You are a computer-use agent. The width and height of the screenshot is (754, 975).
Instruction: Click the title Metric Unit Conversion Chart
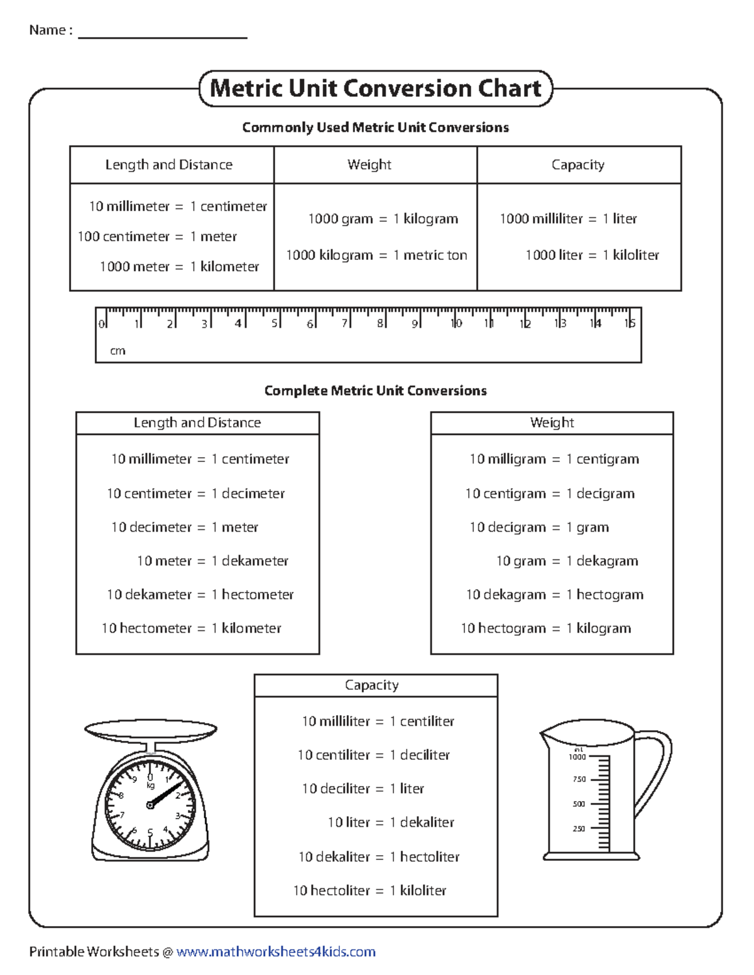(375, 89)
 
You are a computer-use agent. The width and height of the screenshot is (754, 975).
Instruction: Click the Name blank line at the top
(162, 36)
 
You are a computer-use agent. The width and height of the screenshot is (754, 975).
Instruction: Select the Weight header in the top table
(369, 164)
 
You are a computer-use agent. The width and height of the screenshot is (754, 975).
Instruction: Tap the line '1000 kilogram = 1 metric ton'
(376, 255)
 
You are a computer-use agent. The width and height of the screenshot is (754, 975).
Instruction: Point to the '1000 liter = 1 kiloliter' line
(592, 255)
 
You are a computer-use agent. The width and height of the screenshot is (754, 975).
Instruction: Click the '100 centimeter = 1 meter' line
(157, 237)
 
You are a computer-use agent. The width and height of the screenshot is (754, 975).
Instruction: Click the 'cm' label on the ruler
(117, 351)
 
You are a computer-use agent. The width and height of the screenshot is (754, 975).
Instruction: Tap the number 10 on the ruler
(456, 323)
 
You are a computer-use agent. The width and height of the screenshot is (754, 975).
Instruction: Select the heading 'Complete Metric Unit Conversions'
(375, 391)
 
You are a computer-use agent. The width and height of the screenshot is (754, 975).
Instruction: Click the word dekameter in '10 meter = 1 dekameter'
(254, 561)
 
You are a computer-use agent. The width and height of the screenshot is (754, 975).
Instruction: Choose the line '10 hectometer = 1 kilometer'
(192, 628)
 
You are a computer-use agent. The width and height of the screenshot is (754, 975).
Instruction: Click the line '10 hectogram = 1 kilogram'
(545, 628)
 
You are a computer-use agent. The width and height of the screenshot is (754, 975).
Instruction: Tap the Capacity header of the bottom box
(371, 685)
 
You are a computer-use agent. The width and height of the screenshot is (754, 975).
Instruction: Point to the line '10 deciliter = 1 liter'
(363, 789)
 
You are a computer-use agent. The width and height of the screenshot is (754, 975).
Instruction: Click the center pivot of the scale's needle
(150, 805)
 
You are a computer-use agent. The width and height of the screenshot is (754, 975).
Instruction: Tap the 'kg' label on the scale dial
(150, 785)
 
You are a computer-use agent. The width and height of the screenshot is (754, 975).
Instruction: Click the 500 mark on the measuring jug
(578, 804)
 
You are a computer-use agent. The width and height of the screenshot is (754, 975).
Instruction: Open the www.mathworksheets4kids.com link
(276, 952)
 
